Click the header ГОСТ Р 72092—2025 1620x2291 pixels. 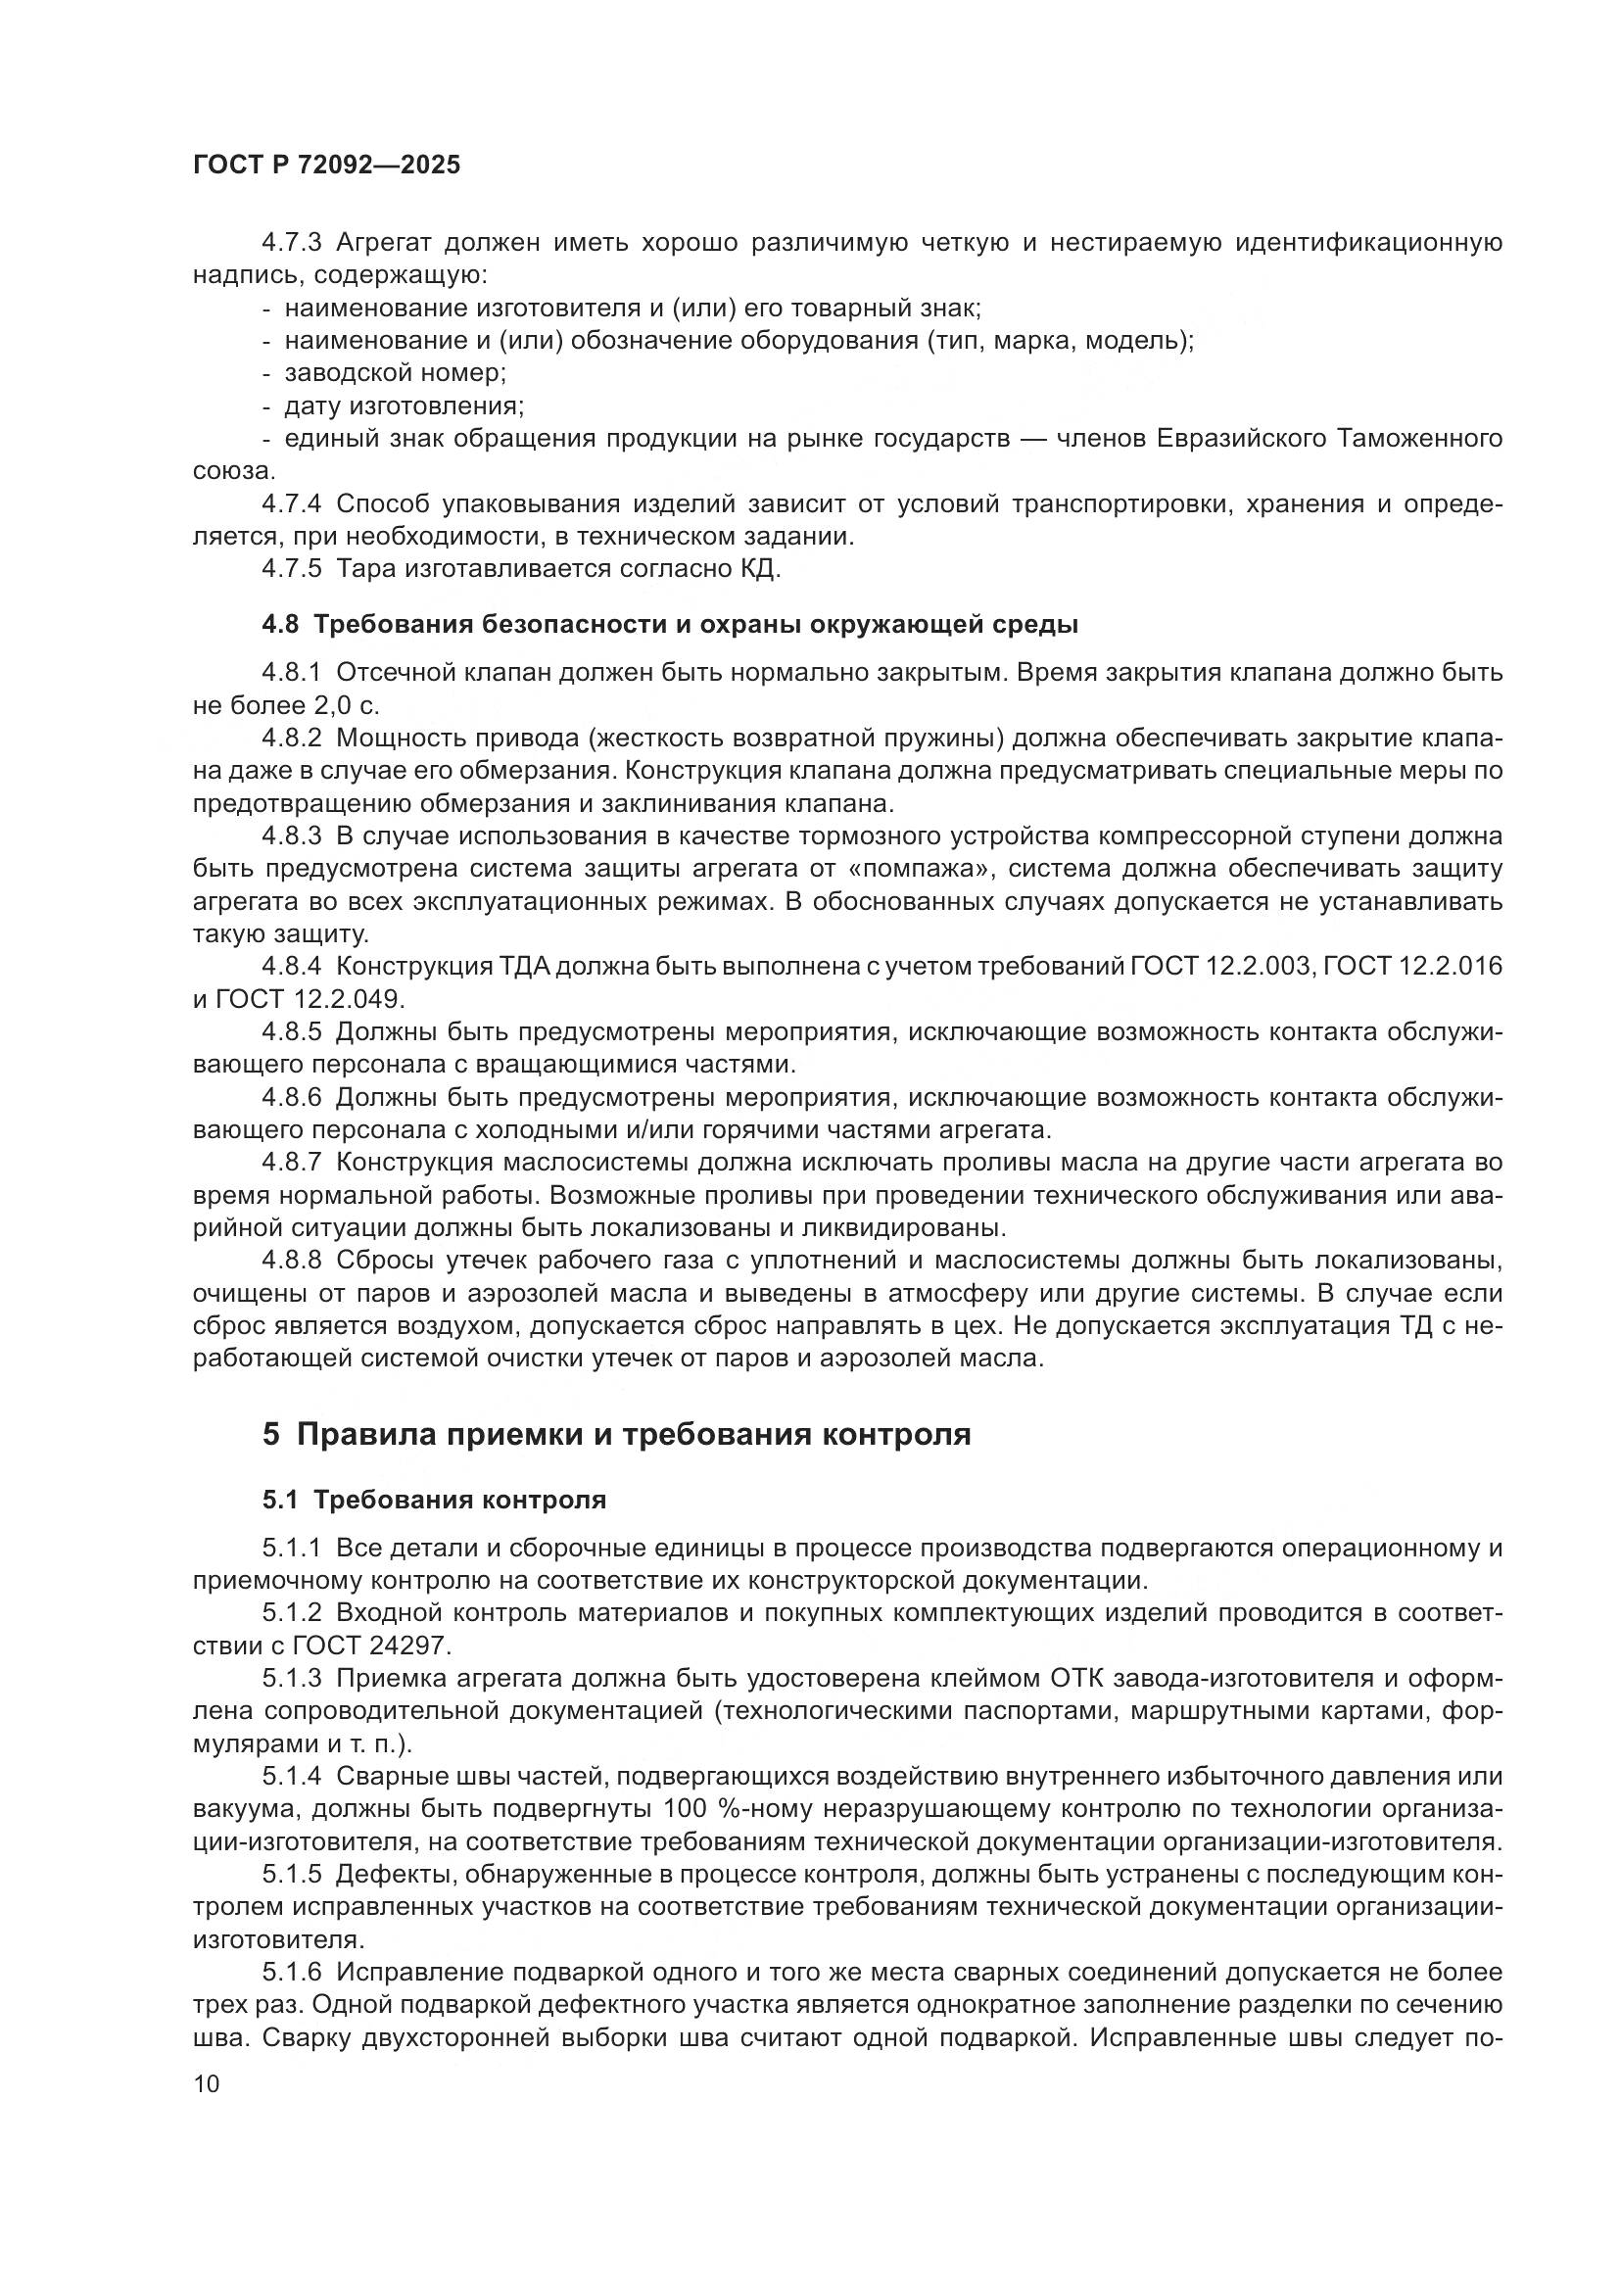326,166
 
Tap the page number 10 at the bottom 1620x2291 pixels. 207,2083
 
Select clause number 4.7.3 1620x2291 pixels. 291,243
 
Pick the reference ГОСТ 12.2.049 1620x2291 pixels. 313,999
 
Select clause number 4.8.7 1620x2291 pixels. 291,1163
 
